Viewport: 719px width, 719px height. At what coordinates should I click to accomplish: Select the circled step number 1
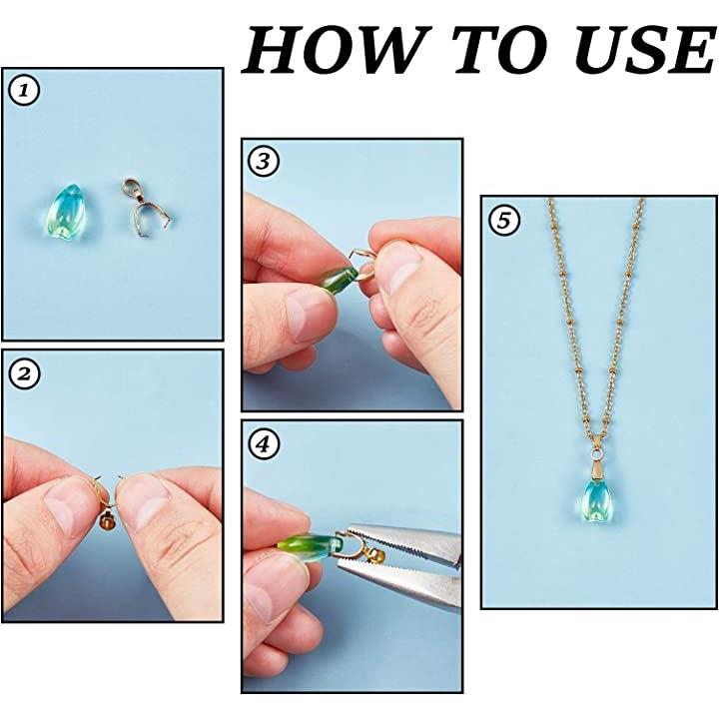pos(24,91)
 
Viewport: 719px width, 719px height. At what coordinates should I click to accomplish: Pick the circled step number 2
pos(24,373)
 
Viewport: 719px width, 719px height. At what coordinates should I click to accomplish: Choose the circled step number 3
pos(264,162)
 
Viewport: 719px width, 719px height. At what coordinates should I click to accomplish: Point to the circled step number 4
pos(264,443)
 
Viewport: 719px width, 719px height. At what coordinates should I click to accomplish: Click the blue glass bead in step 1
pos(65,212)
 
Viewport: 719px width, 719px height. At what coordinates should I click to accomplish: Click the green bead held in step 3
pos(339,278)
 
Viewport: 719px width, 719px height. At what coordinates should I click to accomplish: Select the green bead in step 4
pos(311,545)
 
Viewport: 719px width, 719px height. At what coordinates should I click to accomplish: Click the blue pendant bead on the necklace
pos(595,500)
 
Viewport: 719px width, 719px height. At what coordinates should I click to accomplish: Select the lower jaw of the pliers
pos(398,583)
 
